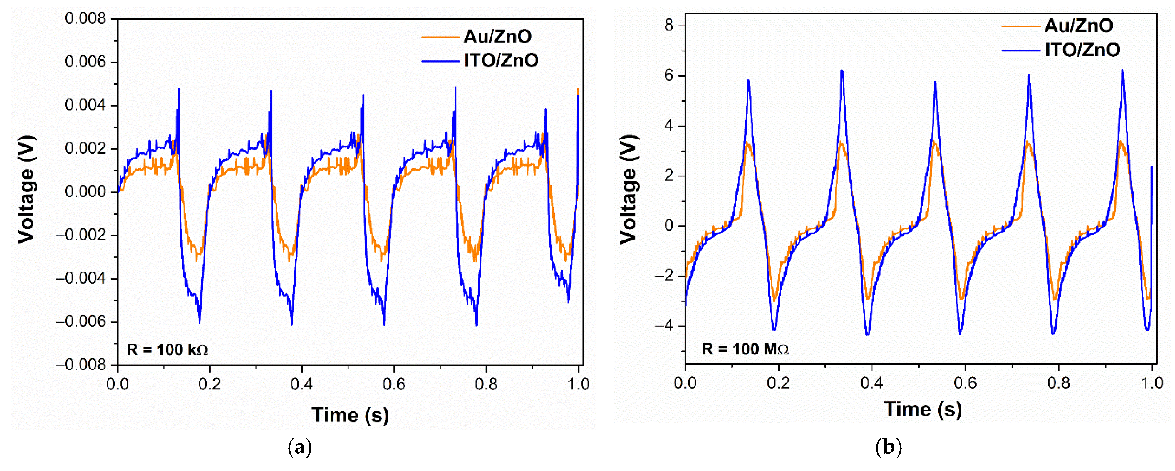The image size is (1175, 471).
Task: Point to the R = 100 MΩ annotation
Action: (x=745, y=349)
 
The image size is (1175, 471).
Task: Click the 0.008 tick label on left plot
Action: (x=85, y=19)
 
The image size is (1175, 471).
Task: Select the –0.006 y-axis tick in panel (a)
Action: (x=81, y=322)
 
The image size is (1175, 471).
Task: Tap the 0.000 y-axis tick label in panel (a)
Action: (x=85, y=192)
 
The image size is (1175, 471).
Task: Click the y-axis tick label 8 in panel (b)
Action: (x=669, y=26)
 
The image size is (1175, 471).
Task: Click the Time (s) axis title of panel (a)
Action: (x=350, y=415)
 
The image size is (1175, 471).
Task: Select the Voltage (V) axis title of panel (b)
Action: (x=628, y=189)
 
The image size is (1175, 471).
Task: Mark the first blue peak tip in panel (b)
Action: (x=748, y=80)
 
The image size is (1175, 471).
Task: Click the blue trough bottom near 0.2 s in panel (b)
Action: (x=774, y=330)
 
